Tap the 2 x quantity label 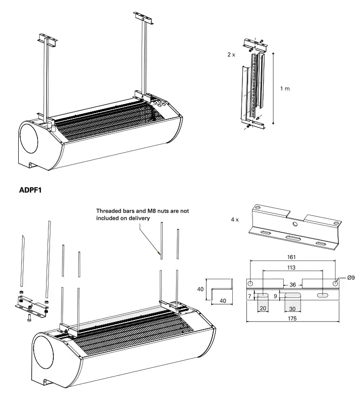click(232, 55)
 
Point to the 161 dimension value click(295, 257)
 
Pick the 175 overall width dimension click(295, 318)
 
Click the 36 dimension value click(292, 285)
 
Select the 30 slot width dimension click(292, 309)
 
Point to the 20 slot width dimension click(262, 309)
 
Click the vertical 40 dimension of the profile click(200, 289)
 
